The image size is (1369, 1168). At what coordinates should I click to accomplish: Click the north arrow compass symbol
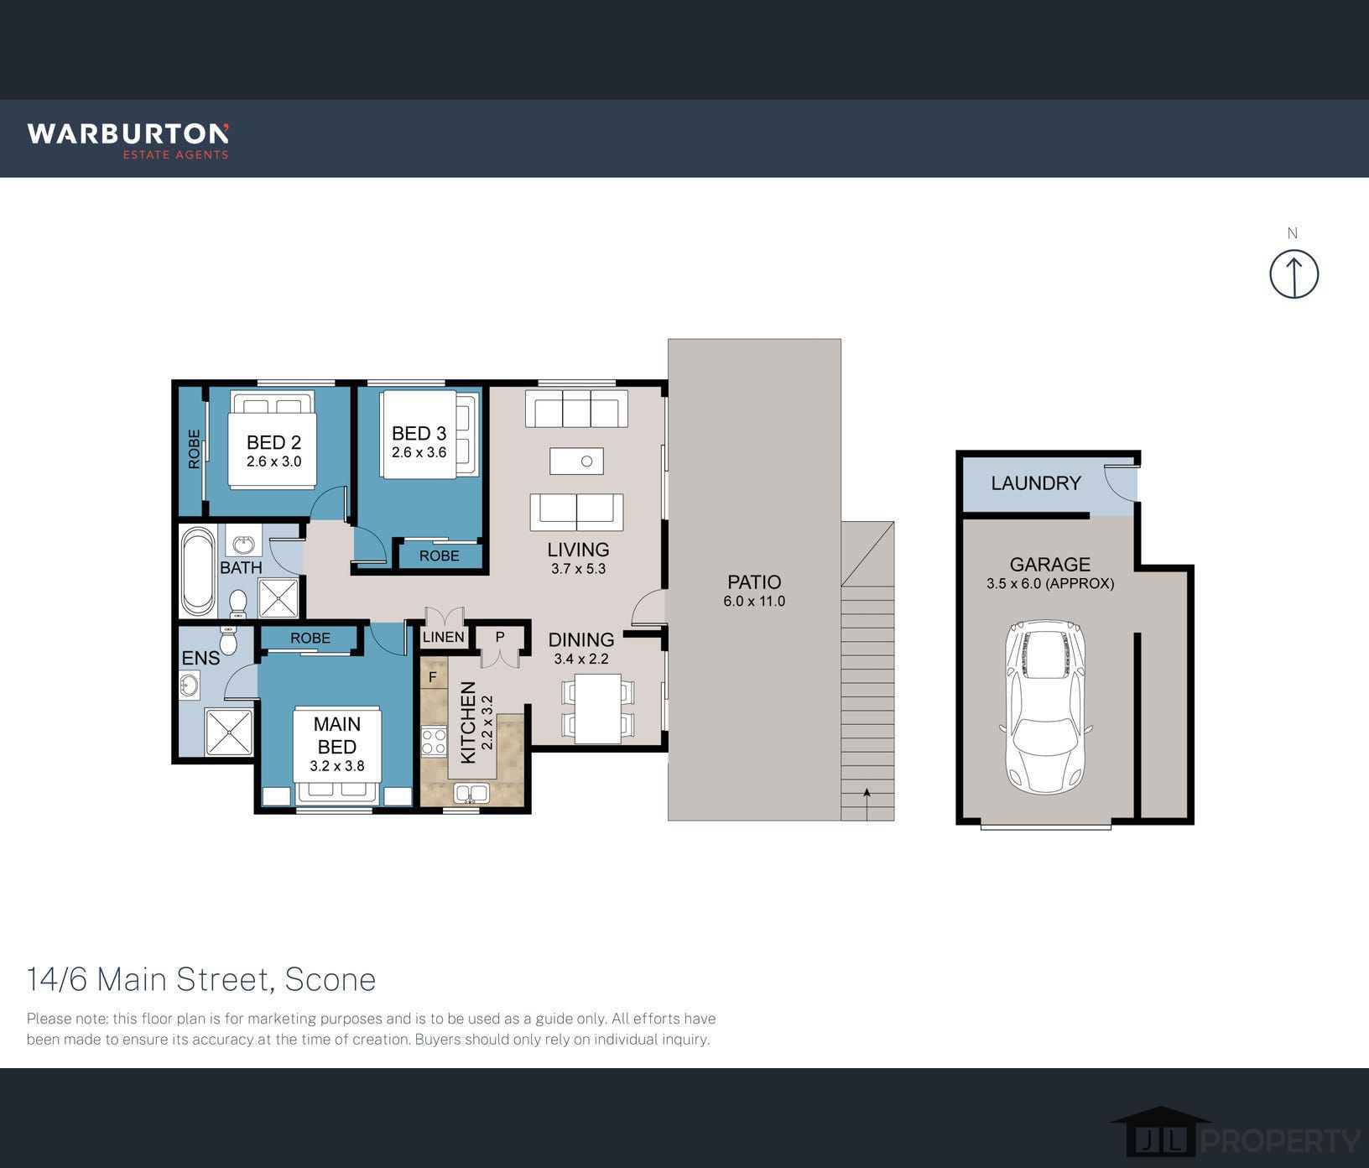pyautogui.click(x=1294, y=274)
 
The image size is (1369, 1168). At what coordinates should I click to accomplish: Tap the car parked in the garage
pyautogui.click(x=1045, y=707)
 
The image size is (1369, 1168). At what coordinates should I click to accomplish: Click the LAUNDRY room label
pyautogui.click(x=1036, y=483)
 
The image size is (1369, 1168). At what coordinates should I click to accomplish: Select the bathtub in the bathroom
pyautogui.click(x=198, y=571)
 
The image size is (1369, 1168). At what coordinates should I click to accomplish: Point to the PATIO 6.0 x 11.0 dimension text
pyautogui.click(x=754, y=601)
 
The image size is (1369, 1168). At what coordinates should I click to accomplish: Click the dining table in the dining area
pyautogui.click(x=597, y=709)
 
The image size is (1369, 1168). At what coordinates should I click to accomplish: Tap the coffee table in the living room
pyautogui.click(x=576, y=461)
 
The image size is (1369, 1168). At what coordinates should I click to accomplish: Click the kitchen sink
pyautogui.click(x=471, y=793)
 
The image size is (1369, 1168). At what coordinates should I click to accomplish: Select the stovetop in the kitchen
pyautogui.click(x=434, y=741)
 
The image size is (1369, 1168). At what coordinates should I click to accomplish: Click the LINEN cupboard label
pyautogui.click(x=444, y=637)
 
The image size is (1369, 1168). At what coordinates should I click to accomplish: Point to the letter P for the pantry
pyautogui.click(x=500, y=637)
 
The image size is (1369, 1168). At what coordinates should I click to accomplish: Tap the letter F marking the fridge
pyautogui.click(x=433, y=676)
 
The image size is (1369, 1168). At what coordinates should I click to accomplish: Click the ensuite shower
pyautogui.click(x=228, y=733)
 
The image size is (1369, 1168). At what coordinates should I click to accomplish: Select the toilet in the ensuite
pyautogui.click(x=228, y=639)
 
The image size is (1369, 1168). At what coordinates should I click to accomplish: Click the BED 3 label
pyautogui.click(x=419, y=433)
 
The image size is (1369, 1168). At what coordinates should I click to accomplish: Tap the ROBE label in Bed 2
pyautogui.click(x=195, y=449)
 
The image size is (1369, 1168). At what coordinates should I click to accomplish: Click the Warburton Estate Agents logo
pyautogui.click(x=128, y=140)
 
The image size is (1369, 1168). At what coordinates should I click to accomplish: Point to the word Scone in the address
pyautogui.click(x=331, y=979)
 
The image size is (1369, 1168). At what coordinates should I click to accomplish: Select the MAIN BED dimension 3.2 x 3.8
pyautogui.click(x=337, y=766)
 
